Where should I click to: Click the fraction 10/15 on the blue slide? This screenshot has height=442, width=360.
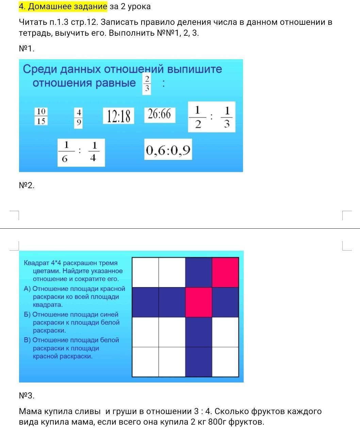pos(41,116)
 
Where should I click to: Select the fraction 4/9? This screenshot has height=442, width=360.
pos(79,118)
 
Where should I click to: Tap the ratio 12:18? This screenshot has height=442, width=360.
pos(118,116)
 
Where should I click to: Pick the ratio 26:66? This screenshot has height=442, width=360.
pos(160,115)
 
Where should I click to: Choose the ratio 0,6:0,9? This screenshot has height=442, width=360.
pos(168,149)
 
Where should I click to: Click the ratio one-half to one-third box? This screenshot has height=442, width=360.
pos(212,117)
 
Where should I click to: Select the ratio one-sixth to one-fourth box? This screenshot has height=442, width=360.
pos(81,152)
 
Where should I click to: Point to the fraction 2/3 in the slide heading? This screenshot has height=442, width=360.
pos(147,85)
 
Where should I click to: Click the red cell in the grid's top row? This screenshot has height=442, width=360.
pos(225,272)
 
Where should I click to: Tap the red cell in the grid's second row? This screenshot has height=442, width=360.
pos(199,302)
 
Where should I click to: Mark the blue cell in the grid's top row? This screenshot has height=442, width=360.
pos(199,272)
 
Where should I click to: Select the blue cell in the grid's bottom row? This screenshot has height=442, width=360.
pos(199,362)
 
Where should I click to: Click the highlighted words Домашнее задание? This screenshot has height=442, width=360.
pos(68,7)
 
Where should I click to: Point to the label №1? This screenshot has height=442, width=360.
pos(27,49)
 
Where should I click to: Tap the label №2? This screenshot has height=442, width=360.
pos(27,185)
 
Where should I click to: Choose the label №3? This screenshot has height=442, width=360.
pos(27,395)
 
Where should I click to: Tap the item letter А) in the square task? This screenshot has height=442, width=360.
pos(27,289)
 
